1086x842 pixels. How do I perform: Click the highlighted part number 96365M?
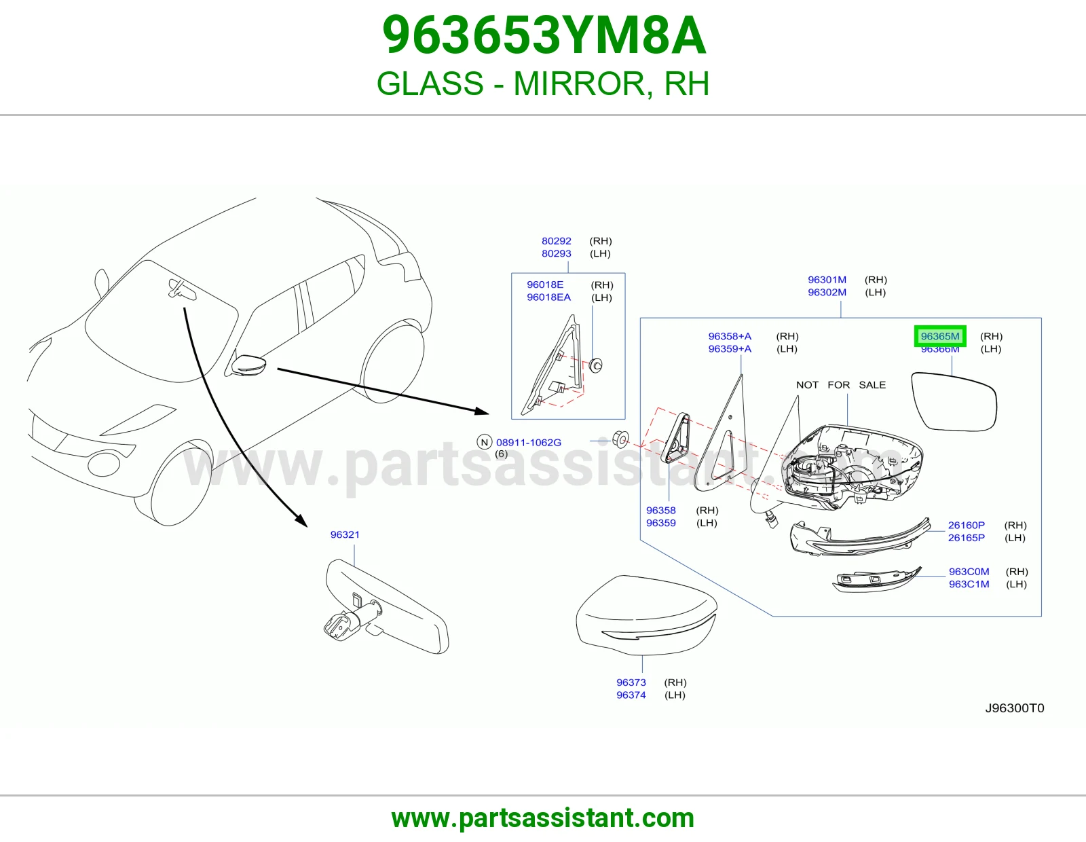coord(939,336)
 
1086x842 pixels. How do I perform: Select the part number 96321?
coord(345,534)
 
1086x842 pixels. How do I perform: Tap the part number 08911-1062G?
coord(528,443)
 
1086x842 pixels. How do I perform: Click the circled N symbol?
coord(484,442)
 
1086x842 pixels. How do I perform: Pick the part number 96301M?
coord(827,280)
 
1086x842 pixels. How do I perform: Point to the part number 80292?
coord(557,241)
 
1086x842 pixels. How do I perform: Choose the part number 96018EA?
coord(548,297)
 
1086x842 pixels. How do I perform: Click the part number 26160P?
coord(966,525)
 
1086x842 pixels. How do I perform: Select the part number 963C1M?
coord(969,584)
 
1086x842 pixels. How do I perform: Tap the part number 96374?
coord(631,695)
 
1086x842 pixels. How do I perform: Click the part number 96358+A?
coord(730,336)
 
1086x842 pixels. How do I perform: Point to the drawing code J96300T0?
coord(1014,708)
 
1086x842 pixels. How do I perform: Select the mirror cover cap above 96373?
coord(646,615)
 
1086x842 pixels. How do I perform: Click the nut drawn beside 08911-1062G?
coord(620,439)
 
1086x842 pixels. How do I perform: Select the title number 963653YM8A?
coord(544,35)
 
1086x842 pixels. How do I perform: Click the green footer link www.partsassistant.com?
coord(543,818)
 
